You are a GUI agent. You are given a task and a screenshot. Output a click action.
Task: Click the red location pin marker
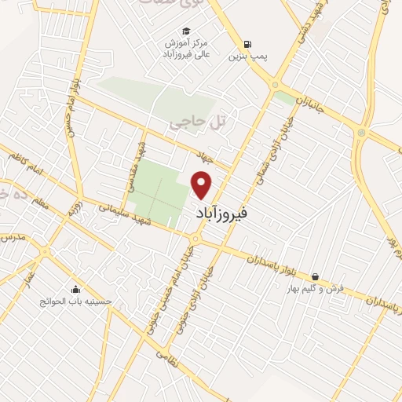(203, 185)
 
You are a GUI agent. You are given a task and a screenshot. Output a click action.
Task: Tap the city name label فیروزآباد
(225, 212)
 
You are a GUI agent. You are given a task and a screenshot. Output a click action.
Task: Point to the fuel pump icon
(249, 43)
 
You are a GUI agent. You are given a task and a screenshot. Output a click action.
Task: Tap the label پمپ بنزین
(243, 57)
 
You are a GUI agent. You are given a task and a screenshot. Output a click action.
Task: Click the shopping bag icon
(315, 276)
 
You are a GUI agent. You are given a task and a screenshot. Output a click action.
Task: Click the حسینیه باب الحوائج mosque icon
(75, 287)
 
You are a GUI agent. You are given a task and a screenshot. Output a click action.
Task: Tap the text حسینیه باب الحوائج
(77, 301)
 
